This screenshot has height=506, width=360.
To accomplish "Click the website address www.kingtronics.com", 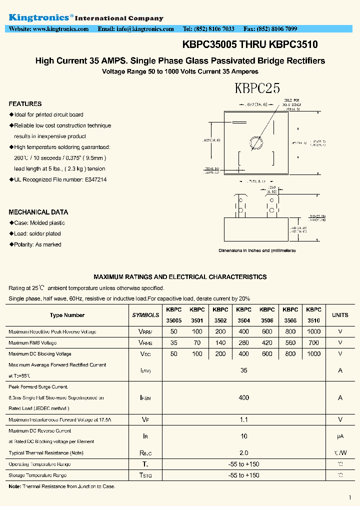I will pos(60,29).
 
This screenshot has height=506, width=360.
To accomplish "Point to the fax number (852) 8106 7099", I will pos(277,29).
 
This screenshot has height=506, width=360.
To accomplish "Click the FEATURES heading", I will pos(25,104).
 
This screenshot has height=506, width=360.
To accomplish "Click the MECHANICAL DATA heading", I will pos(38,212).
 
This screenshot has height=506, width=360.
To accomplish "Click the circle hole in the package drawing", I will pos(256,142).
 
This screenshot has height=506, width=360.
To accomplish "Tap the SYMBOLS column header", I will pos(145,315).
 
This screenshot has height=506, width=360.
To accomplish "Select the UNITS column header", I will pos(340,315).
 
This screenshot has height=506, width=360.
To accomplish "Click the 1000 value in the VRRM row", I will pos(313,332).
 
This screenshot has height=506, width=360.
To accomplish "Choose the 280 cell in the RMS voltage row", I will pos(243,343).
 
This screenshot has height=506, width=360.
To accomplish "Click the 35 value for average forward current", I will pos(244,370).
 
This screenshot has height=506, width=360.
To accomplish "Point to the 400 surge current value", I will pos(244,398).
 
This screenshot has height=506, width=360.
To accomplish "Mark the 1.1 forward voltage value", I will pos(244,420).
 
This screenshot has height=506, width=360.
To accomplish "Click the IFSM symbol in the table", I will pos(145,398).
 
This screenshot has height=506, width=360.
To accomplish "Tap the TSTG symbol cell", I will pos(145,475).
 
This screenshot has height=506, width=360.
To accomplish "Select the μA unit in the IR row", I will pos(340,436).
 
